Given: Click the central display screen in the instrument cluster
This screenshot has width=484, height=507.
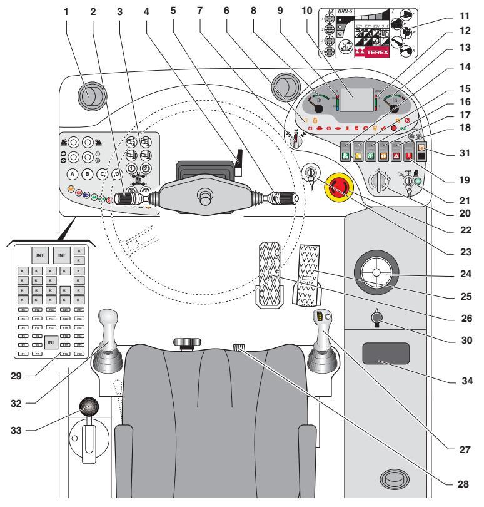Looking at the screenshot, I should (355, 98).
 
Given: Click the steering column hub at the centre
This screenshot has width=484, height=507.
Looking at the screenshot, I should (204, 198).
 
